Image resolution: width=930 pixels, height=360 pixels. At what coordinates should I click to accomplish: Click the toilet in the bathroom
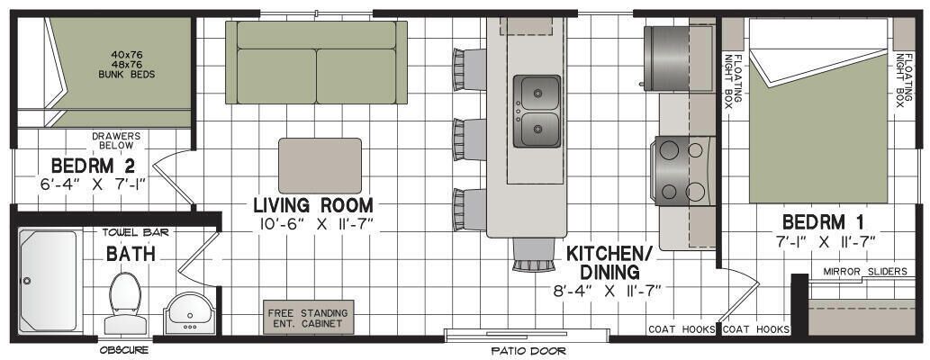pyautogui.click(x=125, y=302)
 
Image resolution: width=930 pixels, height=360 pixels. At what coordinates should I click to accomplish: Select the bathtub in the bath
pyautogui.click(x=48, y=281)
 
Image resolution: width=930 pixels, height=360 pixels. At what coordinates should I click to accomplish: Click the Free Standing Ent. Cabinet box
pyautogui.click(x=308, y=318)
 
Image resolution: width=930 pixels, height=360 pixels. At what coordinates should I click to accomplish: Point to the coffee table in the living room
pyautogui.click(x=320, y=166)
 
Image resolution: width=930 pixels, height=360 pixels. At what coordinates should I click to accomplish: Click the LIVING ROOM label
pyautogui.click(x=313, y=205)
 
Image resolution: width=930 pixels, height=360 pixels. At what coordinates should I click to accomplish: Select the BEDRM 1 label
pyautogui.click(x=823, y=222)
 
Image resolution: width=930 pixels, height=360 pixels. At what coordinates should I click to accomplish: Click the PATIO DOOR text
pyautogui.click(x=528, y=351)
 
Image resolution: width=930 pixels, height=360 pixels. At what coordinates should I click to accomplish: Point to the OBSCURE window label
pyautogui.click(x=124, y=350)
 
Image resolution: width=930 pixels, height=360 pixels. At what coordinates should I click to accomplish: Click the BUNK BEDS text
pyautogui.click(x=126, y=75)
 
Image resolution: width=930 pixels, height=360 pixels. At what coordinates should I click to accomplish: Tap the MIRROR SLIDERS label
pyautogui.click(x=865, y=272)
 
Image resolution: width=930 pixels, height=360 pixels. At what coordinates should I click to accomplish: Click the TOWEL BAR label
pyautogui.click(x=136, y=232)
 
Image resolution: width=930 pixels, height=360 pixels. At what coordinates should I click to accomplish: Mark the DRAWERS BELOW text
pyautogui.click(x=116, y=140)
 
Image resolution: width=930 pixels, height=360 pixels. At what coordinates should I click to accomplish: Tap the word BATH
pyautogui.click(x=131, y=255)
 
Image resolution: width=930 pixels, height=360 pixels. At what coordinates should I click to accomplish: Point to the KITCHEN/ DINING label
pyautogui.click(x=609, y=263)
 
